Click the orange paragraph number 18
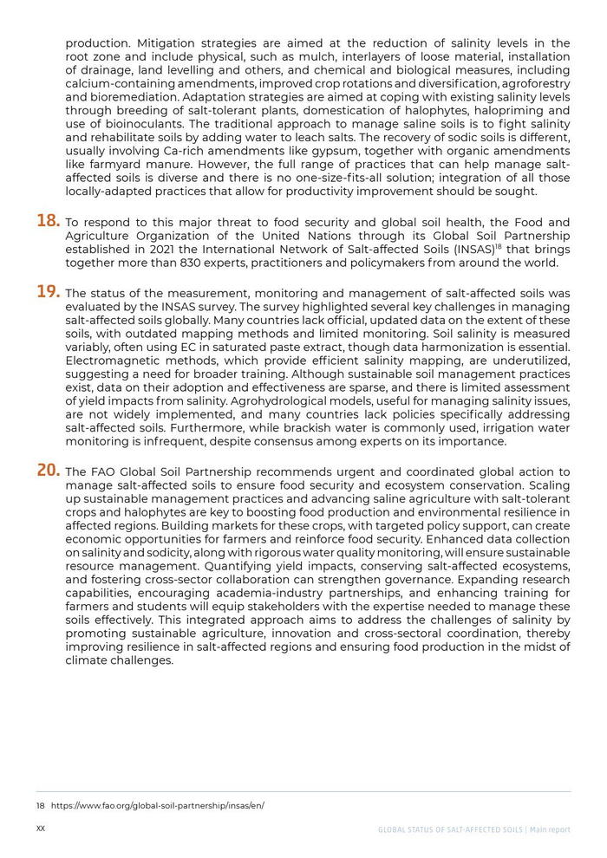click(x=49, y=221)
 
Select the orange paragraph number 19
click(x=49, y=292)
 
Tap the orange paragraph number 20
click(x=49, y=471)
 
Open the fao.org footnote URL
click(x=158, y=805)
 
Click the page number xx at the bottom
click(x=41, y=829)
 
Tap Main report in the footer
click(x=550, y=829)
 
